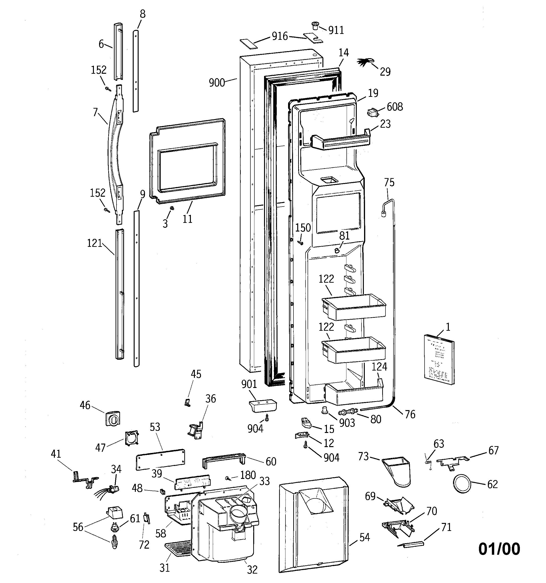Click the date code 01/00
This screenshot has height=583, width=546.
(499, 549)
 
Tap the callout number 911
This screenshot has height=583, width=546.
(336, 30)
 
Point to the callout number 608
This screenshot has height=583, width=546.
(395, 107)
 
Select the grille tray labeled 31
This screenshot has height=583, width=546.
(178, 550)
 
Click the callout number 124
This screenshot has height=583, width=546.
(380, 367)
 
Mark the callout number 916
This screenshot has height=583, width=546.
(280, 36)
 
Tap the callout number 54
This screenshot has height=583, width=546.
(365, 537)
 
